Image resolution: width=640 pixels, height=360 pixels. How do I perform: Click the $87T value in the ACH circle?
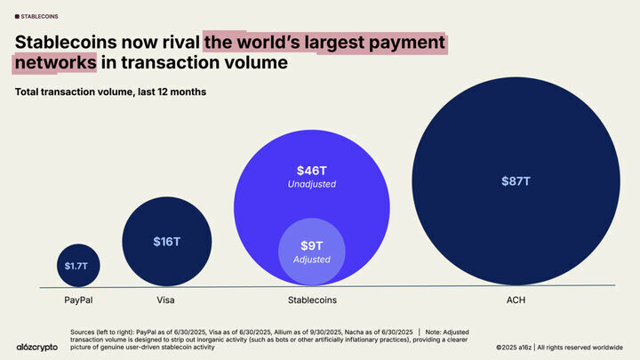tap(516, 180)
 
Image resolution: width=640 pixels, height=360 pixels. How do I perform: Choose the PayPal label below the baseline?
tap(78, 300)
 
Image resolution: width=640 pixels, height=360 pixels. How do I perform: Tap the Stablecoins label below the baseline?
tap(311, 300)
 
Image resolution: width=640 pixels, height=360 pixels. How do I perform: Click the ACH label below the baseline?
tap(516, 300)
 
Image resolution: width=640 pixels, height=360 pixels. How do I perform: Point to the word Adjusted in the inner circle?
tap(311, 260)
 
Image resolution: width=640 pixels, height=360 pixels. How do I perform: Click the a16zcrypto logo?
tap(37, 347)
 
